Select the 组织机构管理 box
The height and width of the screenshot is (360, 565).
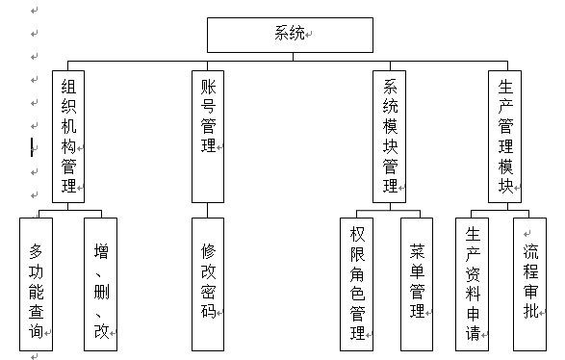pyautogui.click(x=67, y=135)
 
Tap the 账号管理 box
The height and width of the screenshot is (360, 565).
pyautogui.click(x=207, y=135)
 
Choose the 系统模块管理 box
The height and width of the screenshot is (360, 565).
pyautogui.click(x=390, y=135)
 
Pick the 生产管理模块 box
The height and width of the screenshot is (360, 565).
pyautogui.click(x=504, y=135)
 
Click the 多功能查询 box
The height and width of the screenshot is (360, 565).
pyautogui.click(x=36, y=283)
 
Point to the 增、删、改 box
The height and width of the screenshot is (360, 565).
pyautogui.click(x=100, y=283)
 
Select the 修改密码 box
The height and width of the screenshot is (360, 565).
pyautogui.click(x=207, y=283)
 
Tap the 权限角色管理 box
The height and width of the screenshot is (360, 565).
pyautogui.click(x=357, y=283)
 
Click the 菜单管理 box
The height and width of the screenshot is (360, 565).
pyautogui.click(x=417, y=283)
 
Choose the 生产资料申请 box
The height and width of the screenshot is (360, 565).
pyautogui.click(x=473, y=283)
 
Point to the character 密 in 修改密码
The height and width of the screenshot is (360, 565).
pyautogui.click(x=207, y=291)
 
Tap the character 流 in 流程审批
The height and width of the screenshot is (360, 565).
pyautogui.click(x=530, y=253)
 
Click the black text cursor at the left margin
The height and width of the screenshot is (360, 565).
pyautogui.click(x=32, y=147)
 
